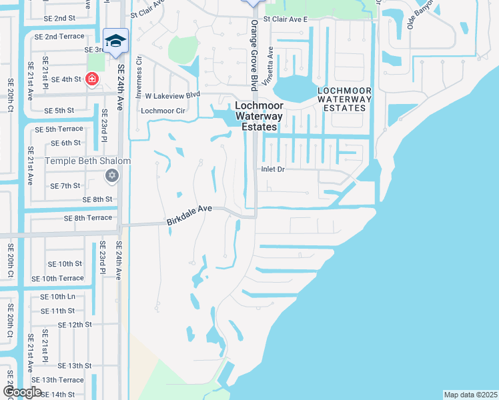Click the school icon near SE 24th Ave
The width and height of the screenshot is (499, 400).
click(115, 41)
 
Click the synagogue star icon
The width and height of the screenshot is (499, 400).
click(112, 175)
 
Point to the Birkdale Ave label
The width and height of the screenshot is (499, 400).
click(189, 209)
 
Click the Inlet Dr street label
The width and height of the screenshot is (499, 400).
click(272, 170)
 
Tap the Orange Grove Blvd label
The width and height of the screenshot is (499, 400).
click(254, 55)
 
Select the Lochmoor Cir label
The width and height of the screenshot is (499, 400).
click(162, 111)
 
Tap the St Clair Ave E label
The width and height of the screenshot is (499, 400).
click(285, 20)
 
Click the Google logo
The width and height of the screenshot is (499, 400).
click(23, 392)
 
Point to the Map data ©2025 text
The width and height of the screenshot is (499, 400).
click(470, 395)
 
